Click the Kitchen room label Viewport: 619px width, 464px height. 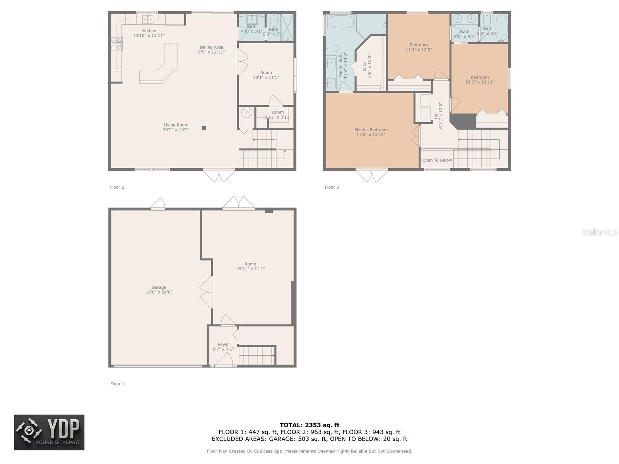149,31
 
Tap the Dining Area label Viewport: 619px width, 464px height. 211,47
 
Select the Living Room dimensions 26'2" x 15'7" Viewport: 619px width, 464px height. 176,130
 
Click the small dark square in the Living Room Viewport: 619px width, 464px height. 204,128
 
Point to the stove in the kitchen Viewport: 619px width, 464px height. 117,44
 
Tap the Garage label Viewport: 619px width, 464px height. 159,287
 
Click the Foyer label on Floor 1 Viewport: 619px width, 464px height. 223,344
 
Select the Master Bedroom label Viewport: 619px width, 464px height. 371,130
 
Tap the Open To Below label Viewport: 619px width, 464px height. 437,160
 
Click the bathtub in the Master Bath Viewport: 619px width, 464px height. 341,22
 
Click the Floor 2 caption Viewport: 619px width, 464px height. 117,187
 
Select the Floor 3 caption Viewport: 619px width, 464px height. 332,187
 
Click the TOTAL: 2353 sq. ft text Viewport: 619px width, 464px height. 309,425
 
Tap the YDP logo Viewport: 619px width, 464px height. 49,432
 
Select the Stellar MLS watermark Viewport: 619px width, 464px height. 599,232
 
